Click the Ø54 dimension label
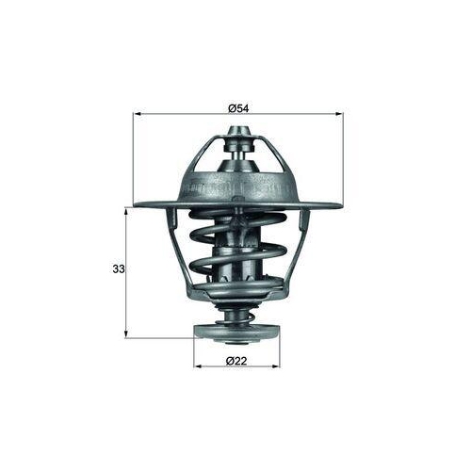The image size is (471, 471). [238, 108]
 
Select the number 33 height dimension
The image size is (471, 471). [119, 269]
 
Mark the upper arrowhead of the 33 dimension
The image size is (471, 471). [126, 211]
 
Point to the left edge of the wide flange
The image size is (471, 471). [138, 204]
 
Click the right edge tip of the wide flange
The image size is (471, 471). [340, 204]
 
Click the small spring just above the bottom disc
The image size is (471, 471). [236, 311]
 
